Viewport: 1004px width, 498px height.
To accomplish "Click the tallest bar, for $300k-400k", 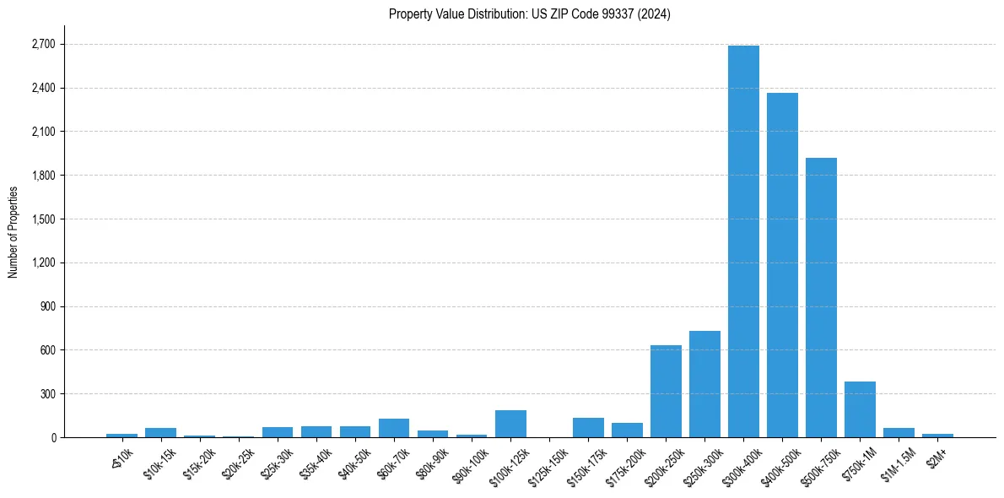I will pos(743,241).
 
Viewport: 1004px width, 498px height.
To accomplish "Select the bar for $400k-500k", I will pos(782,265).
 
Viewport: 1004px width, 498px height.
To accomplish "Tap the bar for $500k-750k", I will pos(821,297).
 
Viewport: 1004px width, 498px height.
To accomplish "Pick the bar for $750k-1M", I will pos(860,409).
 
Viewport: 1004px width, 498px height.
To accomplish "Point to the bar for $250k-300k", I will pos(704,384).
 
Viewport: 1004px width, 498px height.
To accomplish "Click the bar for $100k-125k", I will pos(510,424).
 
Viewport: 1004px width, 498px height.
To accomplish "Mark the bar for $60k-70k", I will pos(394,428).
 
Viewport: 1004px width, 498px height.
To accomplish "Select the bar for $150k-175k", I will pos(588,428).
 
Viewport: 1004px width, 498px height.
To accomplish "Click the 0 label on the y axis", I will pos(53,437).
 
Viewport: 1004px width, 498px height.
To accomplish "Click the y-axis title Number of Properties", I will pos(13,232).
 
